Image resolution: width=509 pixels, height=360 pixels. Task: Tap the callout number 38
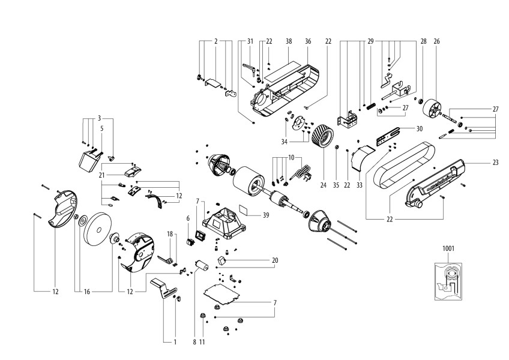point(289,41)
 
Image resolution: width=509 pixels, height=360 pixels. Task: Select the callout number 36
point(307,41)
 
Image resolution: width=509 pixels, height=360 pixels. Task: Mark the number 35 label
point(336,186)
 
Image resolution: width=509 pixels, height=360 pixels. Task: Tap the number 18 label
point(170,233)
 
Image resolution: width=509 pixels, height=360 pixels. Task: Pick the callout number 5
point(102,128)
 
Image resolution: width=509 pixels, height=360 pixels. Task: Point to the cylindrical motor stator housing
point(247,180)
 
